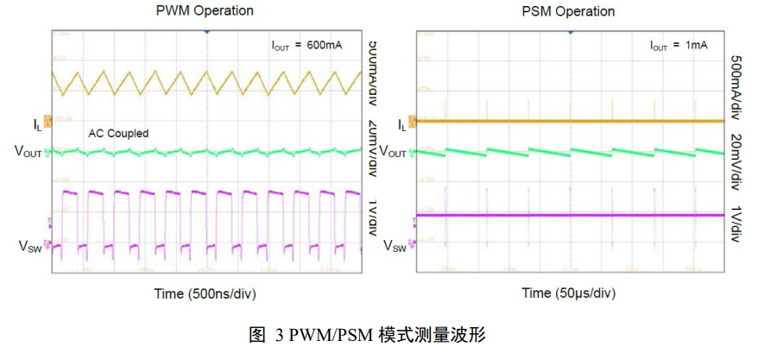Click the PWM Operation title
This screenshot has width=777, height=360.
click(x=205, y=11)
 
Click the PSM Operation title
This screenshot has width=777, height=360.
click(x=568, y=11)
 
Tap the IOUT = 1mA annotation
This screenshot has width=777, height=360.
click(x=679, y=45)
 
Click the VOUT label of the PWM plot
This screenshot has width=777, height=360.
click(x=28, y=152)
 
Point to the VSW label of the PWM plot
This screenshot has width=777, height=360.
click(x=30, y=246)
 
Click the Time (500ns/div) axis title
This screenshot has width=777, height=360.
click(x=205, y=294)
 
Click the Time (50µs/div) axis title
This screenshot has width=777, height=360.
click(x=568, y=294)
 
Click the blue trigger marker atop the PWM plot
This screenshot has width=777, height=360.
click(x=206, y=31)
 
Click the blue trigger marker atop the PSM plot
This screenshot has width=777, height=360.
click(x=570, y=31)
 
